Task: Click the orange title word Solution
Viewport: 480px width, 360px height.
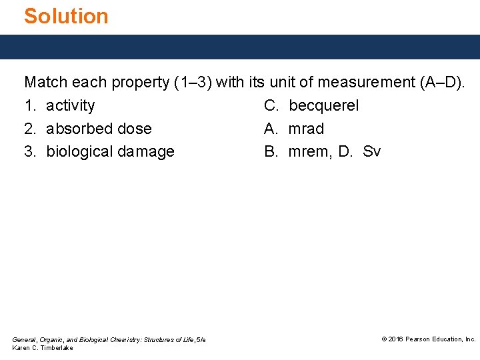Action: click(66, 16)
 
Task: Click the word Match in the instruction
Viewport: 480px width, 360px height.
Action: click(45, 83)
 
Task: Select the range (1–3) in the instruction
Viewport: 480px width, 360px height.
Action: click(193, 83)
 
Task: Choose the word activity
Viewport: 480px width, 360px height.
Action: click(70, 106)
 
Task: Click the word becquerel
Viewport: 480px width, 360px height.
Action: click(323, 106)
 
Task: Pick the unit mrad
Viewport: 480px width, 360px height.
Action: click(306, 129)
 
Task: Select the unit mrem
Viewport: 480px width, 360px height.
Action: click(309, 152)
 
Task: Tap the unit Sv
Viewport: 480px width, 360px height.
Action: click(372, 152)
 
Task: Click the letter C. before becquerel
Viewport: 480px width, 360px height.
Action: click(271, 106)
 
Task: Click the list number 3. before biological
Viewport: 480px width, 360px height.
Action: click(31, 152)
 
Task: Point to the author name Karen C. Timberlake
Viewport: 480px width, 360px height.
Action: click(43, 348)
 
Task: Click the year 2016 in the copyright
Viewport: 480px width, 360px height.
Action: click(396, 339)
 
